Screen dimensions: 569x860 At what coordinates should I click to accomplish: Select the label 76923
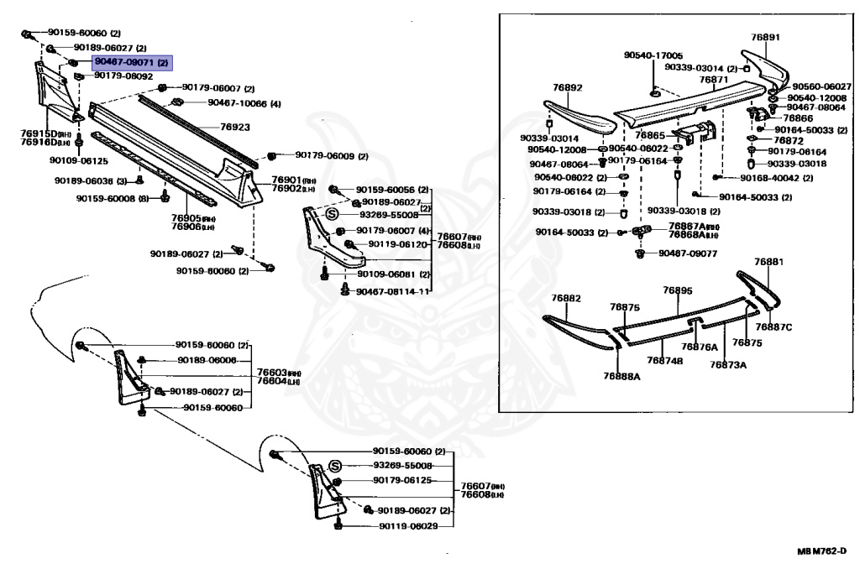coord(235,127)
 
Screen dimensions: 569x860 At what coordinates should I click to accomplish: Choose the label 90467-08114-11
coord(393,292)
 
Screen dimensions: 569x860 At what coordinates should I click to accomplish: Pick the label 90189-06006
coord(207,360)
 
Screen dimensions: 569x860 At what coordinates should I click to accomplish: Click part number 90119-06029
coord(408,526)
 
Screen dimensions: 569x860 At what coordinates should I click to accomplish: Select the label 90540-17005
coord(653,55)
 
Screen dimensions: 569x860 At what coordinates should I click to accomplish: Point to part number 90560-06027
coord(822,86)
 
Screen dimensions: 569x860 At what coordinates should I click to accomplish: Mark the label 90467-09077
coord(689,253)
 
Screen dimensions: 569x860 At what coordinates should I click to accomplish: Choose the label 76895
coord(677,290)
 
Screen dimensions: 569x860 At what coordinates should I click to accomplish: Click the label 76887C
coord(773,326)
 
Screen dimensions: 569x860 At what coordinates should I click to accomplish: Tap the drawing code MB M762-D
coord(822,551)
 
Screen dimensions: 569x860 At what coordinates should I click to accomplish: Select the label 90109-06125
coord(79,160)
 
